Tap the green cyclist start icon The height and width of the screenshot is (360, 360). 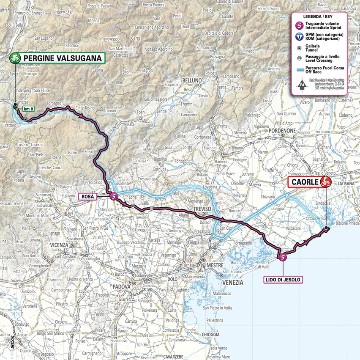[16, 58]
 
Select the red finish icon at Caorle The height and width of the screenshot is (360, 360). [325, 182]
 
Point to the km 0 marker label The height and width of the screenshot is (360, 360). [29, 109]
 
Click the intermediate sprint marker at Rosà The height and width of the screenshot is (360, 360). [113, 196]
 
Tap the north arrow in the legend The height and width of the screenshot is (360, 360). [302, 85]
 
